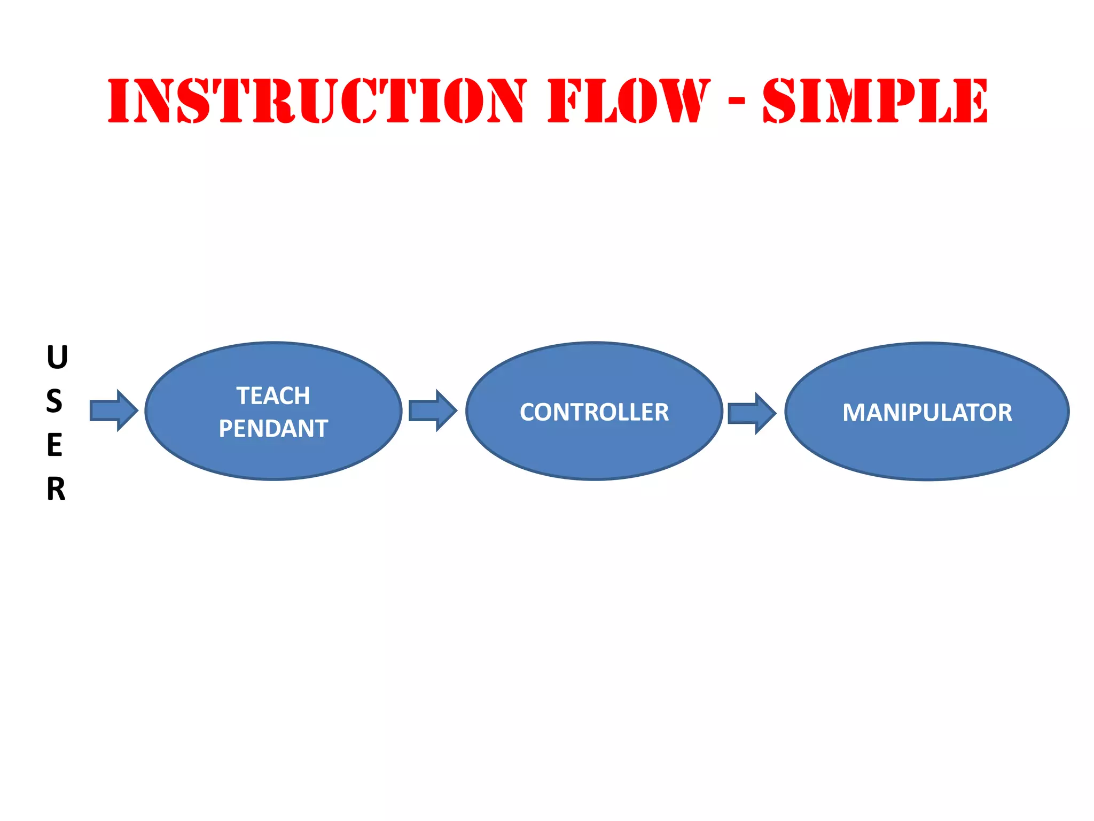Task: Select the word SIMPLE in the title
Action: (875, 101)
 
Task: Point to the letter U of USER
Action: (57, 358)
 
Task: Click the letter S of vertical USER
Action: (54, 401)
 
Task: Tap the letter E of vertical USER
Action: (54, 445)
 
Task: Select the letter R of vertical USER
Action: (56, 489)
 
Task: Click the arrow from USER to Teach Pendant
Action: (114, 410)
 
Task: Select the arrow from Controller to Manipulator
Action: (752, 413)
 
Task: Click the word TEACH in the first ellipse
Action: (273, 396)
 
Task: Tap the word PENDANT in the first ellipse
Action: (273, 429)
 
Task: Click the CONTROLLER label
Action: (594, 412)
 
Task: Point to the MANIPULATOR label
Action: (927, 413)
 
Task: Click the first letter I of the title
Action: (119, 101)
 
